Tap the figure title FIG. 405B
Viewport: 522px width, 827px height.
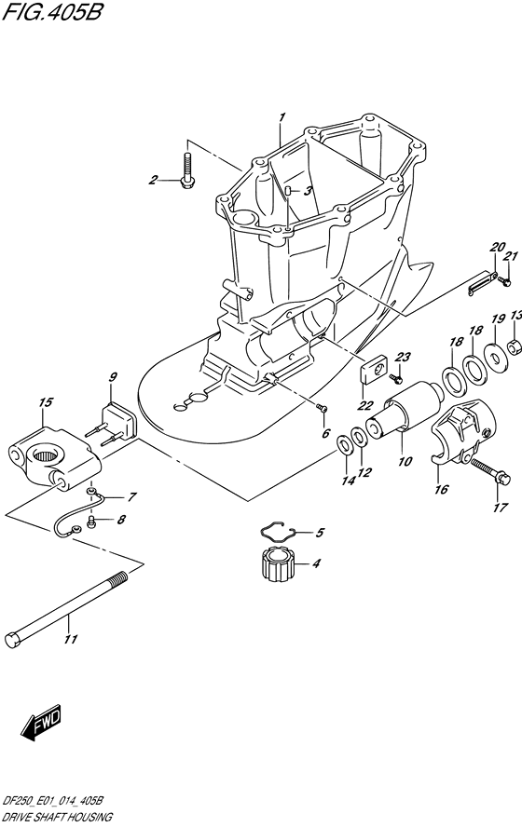51,11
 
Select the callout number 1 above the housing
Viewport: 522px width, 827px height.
282,116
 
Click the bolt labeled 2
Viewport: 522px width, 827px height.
186,169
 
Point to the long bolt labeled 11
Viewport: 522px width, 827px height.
65,605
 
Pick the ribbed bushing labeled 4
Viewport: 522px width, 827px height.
277,563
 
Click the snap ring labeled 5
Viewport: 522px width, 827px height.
278,531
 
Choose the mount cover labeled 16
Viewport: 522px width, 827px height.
464,431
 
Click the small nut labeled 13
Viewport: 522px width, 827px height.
515,346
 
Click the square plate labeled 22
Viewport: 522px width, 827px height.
374,373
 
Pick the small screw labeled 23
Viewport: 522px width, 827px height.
396,377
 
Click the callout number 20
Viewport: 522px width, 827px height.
498,247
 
